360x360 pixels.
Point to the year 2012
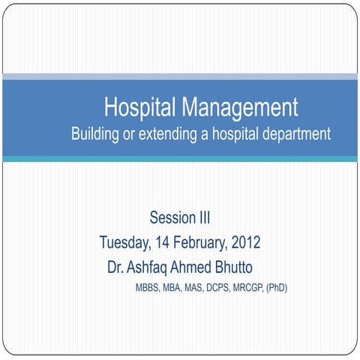click(246, 243)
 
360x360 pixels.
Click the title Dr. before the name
click(115, 267)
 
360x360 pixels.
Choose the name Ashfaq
click(149, 267)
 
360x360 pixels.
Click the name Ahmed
click(194, 267)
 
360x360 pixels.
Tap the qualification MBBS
click(147, 288)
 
